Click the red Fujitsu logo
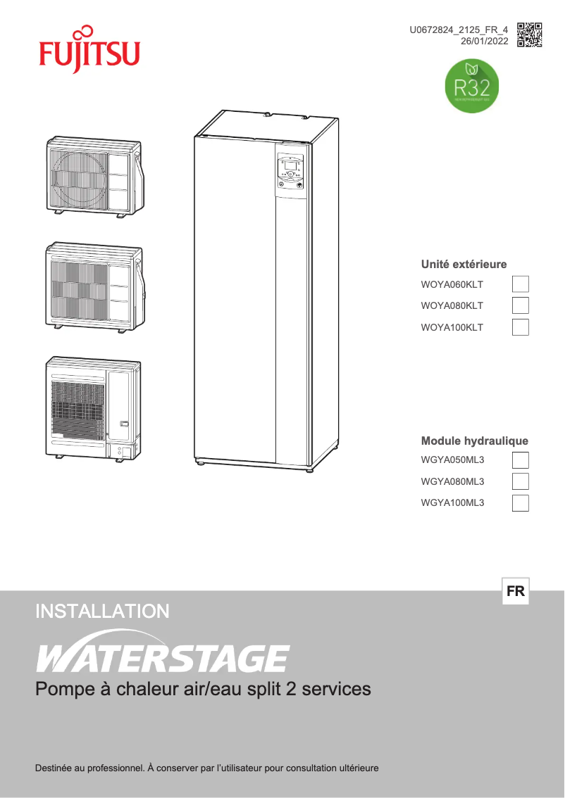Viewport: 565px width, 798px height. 89,49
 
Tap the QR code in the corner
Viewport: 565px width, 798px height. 529,34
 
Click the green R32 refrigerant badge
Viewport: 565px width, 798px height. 472,87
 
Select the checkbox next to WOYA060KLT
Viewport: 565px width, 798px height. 520,284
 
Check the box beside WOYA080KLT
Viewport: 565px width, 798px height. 520,305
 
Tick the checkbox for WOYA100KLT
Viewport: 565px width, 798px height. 520,327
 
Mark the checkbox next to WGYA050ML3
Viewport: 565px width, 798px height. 520,460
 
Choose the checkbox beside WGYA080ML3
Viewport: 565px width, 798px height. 520,481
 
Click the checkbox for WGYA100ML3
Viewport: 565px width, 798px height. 520,502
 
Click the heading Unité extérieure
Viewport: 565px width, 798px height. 464,265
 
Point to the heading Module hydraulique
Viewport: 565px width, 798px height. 474,441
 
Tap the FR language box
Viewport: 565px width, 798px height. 516,592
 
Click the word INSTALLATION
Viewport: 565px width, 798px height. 102,611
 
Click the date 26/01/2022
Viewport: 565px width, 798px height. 484,42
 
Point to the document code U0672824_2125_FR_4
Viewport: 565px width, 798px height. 459,30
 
